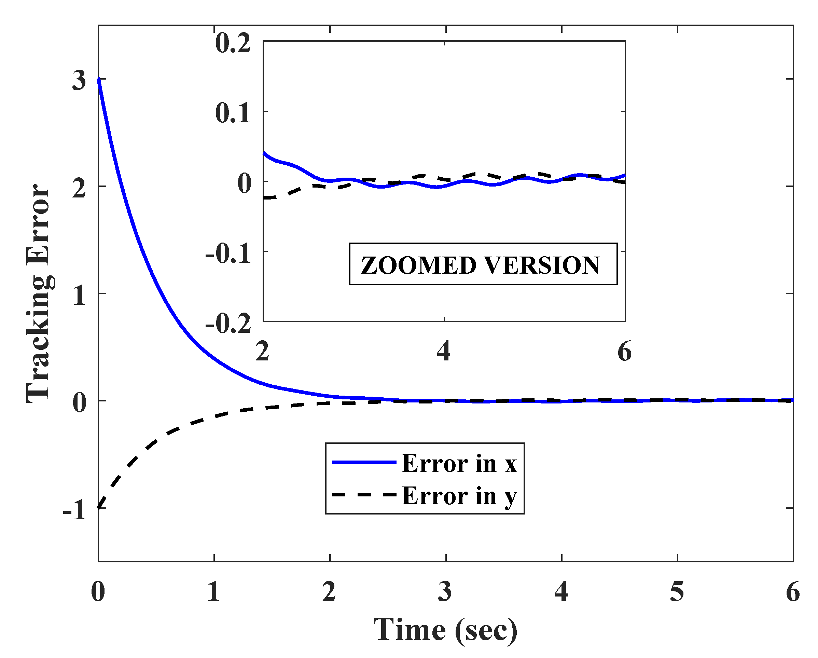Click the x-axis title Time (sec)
[x=445, y=630]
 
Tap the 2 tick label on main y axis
[x=79, y=188]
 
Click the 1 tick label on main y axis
[x=79, y=296]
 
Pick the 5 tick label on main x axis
[x=677, y=592]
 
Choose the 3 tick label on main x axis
[x=445, y=592]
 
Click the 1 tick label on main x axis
[x=213, y=592]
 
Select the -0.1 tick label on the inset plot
[x=228, y=253]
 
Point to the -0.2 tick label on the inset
[x=228, y=324]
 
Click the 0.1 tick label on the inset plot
[x=233, y=113]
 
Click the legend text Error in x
[x=459, y=463]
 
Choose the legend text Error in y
[x=459, y=496]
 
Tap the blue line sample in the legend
[x=364, y=462]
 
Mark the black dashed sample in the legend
[x=364, y=494]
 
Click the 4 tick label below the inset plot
[x=444, y=352]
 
